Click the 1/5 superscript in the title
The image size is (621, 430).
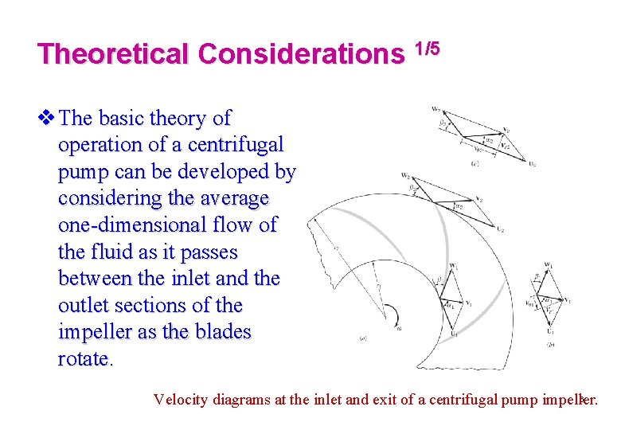[427, 49]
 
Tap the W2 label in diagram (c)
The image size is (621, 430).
[436, 108]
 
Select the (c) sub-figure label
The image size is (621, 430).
[475, 163]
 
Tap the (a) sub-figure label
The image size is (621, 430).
[363, 338]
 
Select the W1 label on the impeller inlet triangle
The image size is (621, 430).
[453, 266]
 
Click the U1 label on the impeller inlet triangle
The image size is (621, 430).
[454, 334]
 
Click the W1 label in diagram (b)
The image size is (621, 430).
[549, 264]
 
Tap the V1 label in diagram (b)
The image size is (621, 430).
[567, 300]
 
